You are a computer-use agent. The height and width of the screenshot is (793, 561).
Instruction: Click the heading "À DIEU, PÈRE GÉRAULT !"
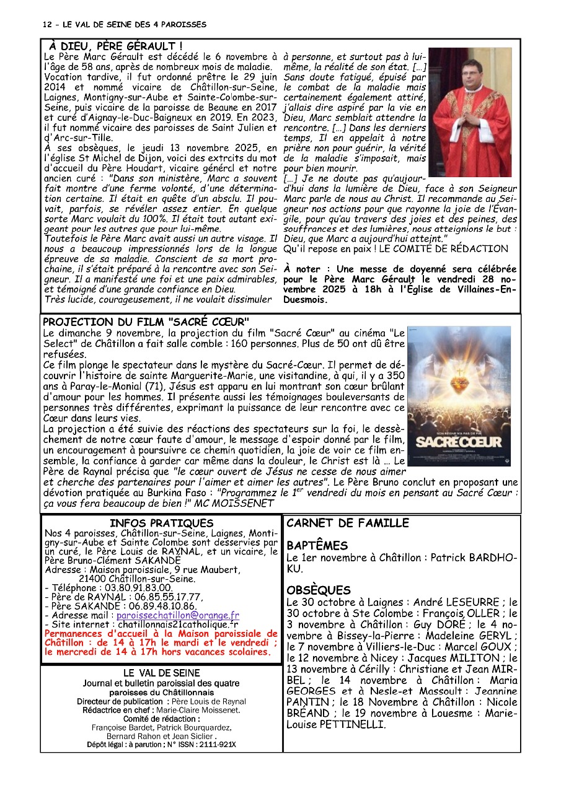click(x=115, y=46)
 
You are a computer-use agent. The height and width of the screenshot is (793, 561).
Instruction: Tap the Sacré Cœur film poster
click(x=459, y=396)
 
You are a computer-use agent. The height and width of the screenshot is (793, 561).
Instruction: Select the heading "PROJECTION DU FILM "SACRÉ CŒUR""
click(x=146, y=322)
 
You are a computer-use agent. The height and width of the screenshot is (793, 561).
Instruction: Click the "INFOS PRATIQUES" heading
click(x=161, y=524)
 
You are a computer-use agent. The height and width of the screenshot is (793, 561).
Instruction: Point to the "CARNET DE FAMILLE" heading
click(x=348, y=524)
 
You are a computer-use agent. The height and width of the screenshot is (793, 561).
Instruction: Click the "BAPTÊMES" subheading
click(x=317, y=546)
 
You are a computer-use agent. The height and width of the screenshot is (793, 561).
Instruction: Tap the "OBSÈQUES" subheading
click(x=319, y=590)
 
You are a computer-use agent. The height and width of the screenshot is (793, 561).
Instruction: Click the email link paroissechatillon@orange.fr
click(x=177, y=615)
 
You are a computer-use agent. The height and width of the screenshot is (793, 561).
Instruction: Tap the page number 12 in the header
click(x=47, y=25)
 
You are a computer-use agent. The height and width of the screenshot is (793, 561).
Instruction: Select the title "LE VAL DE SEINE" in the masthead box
click(x=161, y=673)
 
